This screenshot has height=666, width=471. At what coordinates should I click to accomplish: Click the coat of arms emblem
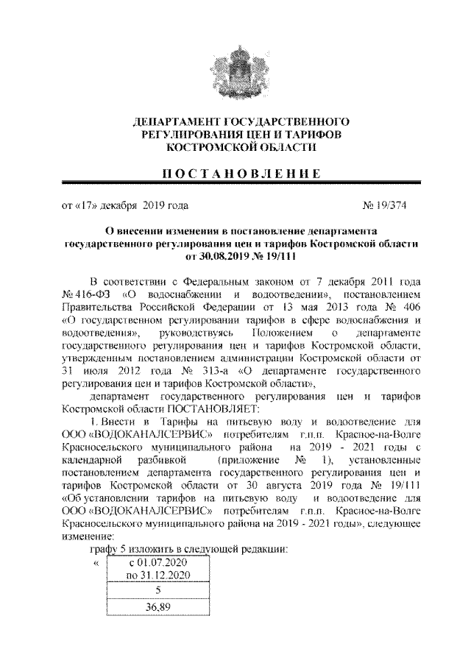[235, 70]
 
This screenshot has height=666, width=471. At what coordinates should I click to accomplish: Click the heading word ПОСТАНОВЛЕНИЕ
[235, 174]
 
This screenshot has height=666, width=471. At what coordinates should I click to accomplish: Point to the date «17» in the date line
[85, 205]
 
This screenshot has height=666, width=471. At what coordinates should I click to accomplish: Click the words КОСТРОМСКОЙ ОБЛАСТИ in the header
[235, 147]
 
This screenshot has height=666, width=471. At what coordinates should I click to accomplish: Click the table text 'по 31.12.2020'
[159, 574]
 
